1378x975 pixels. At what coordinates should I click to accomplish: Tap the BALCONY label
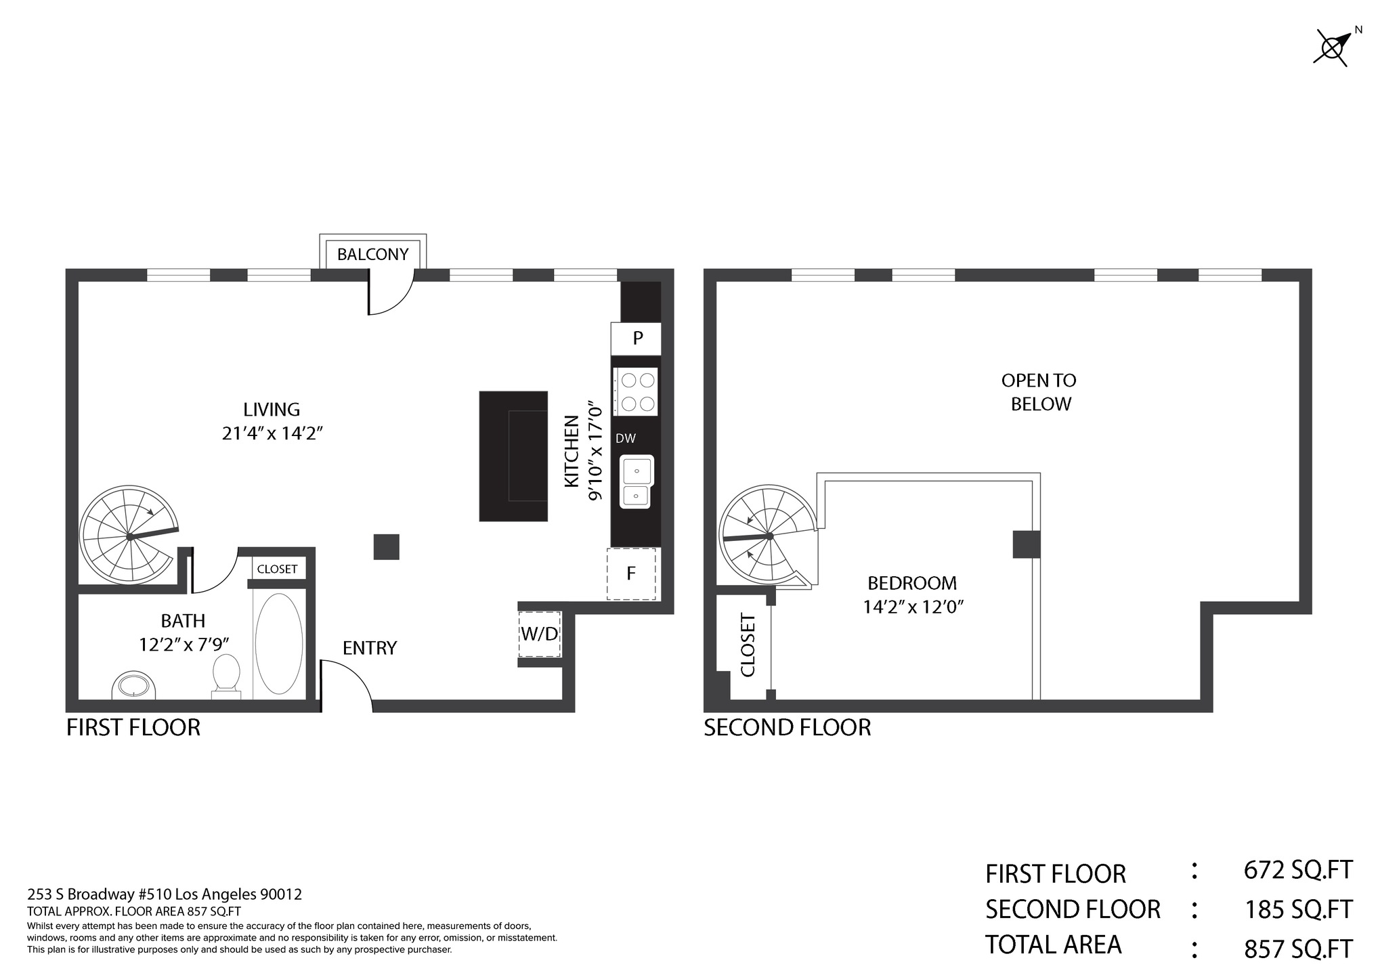[373, 255]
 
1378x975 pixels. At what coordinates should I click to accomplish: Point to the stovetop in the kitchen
[636, 392]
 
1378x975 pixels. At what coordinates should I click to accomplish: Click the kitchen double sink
[637, 482]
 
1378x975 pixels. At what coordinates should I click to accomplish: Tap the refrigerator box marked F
[632, 574]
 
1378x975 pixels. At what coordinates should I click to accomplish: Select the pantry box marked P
[636, 339]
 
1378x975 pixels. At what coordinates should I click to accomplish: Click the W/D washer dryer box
[540, 634]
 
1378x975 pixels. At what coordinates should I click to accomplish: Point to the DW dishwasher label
[626, 439]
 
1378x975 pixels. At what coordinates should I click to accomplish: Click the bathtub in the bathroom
[279, 644]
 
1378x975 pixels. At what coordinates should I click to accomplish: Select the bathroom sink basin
[133, 685]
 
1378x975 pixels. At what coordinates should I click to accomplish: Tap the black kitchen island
[513, 456]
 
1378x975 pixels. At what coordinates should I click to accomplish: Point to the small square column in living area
[387, 547]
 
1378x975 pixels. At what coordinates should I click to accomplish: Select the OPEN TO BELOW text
[1039, 392]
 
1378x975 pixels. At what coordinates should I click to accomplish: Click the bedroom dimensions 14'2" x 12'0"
[913, 607]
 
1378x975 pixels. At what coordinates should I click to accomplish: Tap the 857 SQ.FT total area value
[1298, 949]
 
